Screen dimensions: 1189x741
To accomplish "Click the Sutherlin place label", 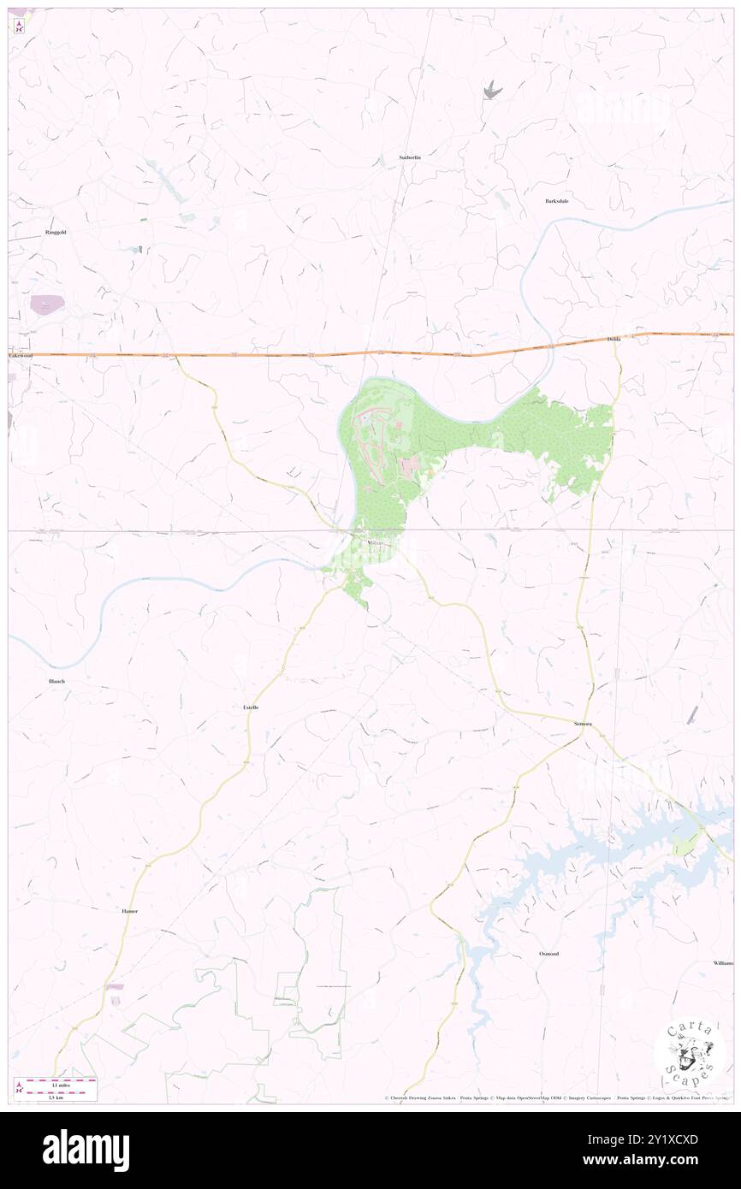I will coord(411,157).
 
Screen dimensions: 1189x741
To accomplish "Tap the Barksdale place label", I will coord(557,201).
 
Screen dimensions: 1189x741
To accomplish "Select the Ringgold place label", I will coord(56,232).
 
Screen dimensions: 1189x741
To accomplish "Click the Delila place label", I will coord(614,340).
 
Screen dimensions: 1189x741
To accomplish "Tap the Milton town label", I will coord(375,543).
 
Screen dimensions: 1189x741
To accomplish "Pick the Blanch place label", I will coord(56,681).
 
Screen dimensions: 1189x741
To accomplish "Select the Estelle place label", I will coord(251,707).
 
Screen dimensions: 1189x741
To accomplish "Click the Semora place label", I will coord(583,724).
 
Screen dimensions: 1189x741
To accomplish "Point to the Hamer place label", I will coord(129,911).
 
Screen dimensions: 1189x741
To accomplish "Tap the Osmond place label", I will coord(548,953).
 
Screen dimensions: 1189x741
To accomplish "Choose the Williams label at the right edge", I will coord(722,962).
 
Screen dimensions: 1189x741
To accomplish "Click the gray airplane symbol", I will coord(491,89).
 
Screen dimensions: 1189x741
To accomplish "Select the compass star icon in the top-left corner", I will coord(19,25).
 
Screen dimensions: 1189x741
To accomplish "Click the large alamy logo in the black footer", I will coord(86,1151).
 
